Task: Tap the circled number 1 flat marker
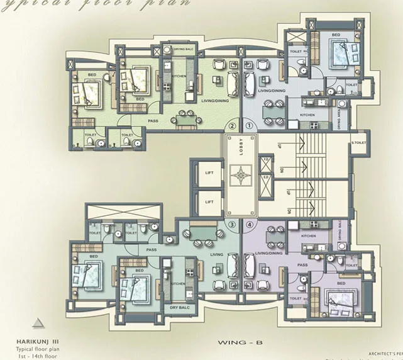click(x=249, y=126)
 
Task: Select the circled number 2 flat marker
click(x=233, y=126)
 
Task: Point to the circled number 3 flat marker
click(x=232, y=224)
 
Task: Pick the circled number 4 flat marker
click(x=250, y=224)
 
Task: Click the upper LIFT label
click(x=209, y=171)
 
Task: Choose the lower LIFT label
click(x=209, y=201)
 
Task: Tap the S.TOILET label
click(x=358, y=143)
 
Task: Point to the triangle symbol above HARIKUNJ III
click(x=38, y=323)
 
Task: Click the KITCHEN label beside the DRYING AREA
click(x=307, y=115)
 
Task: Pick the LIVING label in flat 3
click(x=217, y=255)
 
